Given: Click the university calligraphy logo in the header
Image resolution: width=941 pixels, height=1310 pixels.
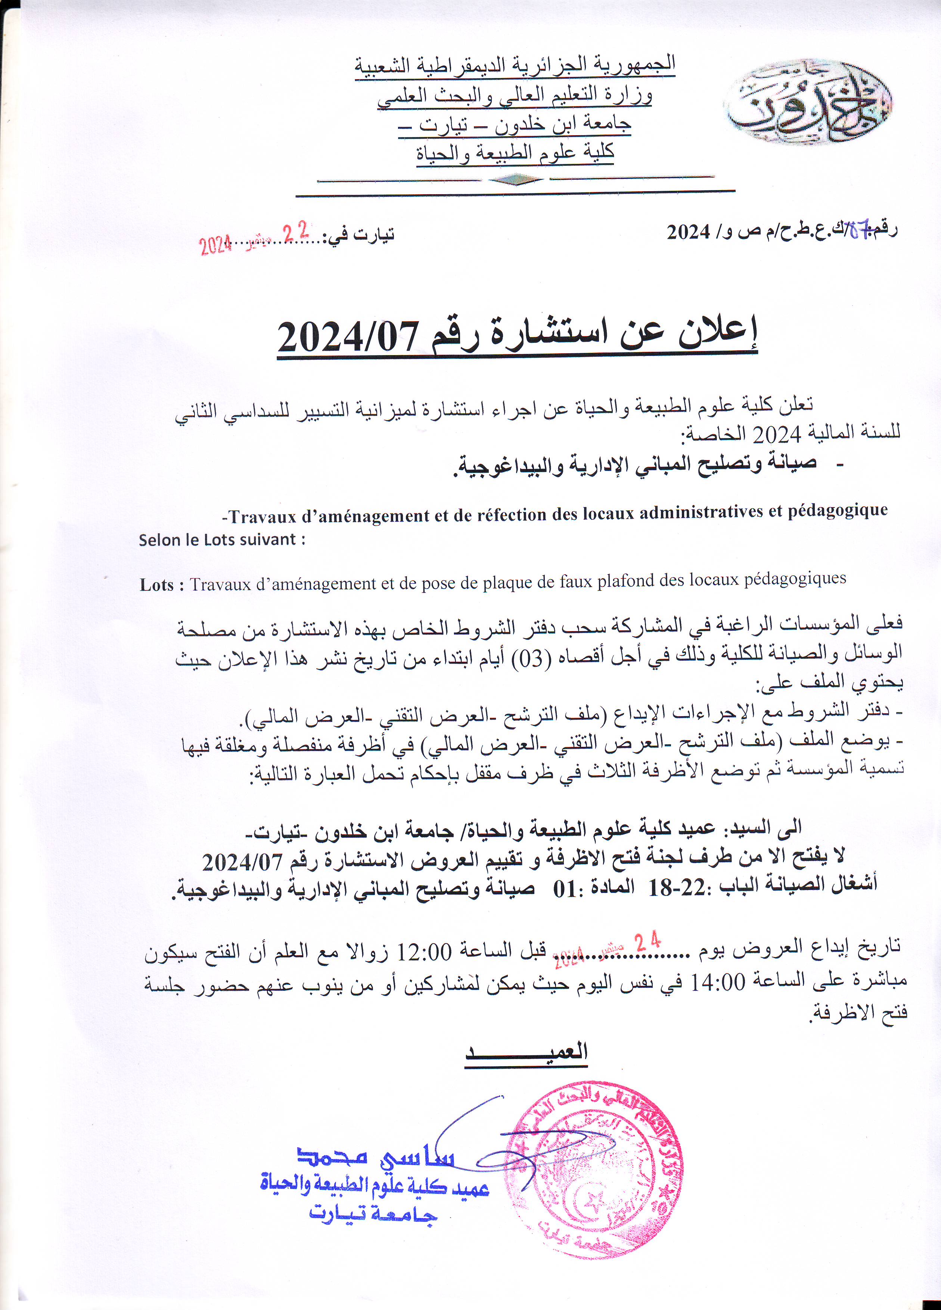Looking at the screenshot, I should [x=808, y=102].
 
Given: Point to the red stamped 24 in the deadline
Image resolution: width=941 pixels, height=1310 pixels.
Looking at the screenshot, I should [x=647, y=942].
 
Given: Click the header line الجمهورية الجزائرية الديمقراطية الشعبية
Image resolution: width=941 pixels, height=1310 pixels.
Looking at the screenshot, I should [x=515, y=63].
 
